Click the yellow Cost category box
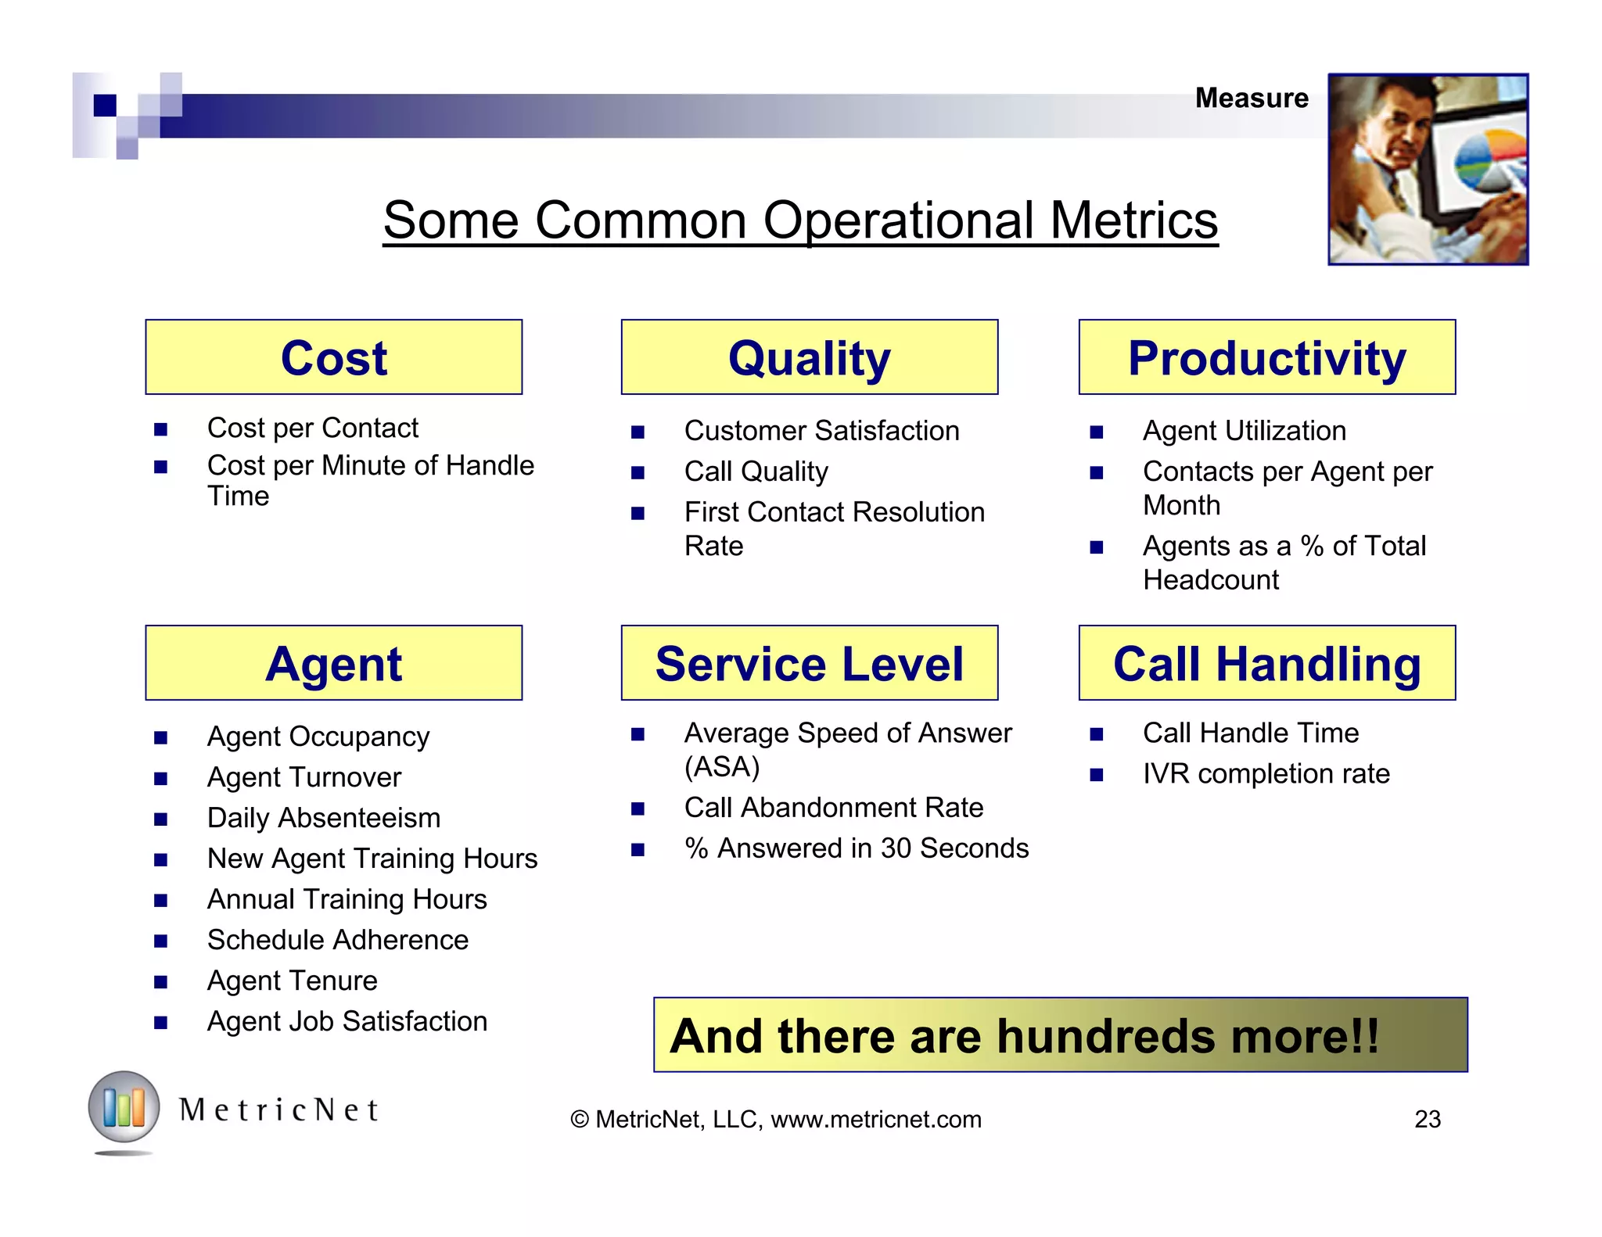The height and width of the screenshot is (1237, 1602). (x=333, y=357)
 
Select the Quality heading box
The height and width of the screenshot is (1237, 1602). (x=809, y=357)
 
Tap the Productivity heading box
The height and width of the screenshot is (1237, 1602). (x=1266, y=357)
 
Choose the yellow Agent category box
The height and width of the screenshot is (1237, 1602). (x=333, y=663)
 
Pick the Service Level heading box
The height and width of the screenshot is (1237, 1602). (x=809, y=663)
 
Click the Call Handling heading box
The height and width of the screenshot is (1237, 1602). (x=1266, y=663)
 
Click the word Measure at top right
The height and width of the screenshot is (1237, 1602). (x=1251, y=99)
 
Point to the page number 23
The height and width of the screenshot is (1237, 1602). (x=1427, y=1119)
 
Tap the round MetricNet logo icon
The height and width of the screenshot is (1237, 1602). (x=124, y=1107)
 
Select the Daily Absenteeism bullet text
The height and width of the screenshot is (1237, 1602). (x=323, y=818)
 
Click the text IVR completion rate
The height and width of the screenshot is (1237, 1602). (x=1266, y=774)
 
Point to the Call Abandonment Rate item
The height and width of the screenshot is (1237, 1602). (x=833, y=808)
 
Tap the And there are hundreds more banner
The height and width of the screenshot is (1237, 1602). (x=1060, y=1035)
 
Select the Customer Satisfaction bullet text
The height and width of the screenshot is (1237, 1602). (x=821, y=431)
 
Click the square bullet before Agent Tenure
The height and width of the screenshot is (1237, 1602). (x=161, y=982)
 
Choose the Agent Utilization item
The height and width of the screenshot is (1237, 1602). (x=1244, y=431)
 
